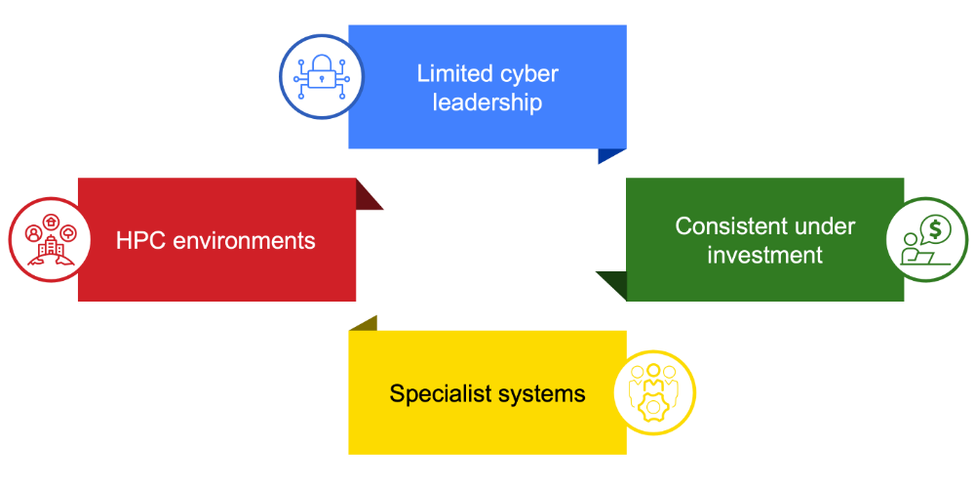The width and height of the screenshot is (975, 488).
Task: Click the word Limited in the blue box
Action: [451, 73]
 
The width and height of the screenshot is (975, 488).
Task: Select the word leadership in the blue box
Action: [487, 102]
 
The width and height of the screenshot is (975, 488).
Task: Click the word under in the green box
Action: [825, 226]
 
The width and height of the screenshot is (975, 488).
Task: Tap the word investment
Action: [765, 256]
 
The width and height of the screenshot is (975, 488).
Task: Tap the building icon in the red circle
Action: [49, 250]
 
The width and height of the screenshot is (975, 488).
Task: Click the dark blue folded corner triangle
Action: [609, 154]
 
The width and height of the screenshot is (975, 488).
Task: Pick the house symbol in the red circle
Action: [51, 223]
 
